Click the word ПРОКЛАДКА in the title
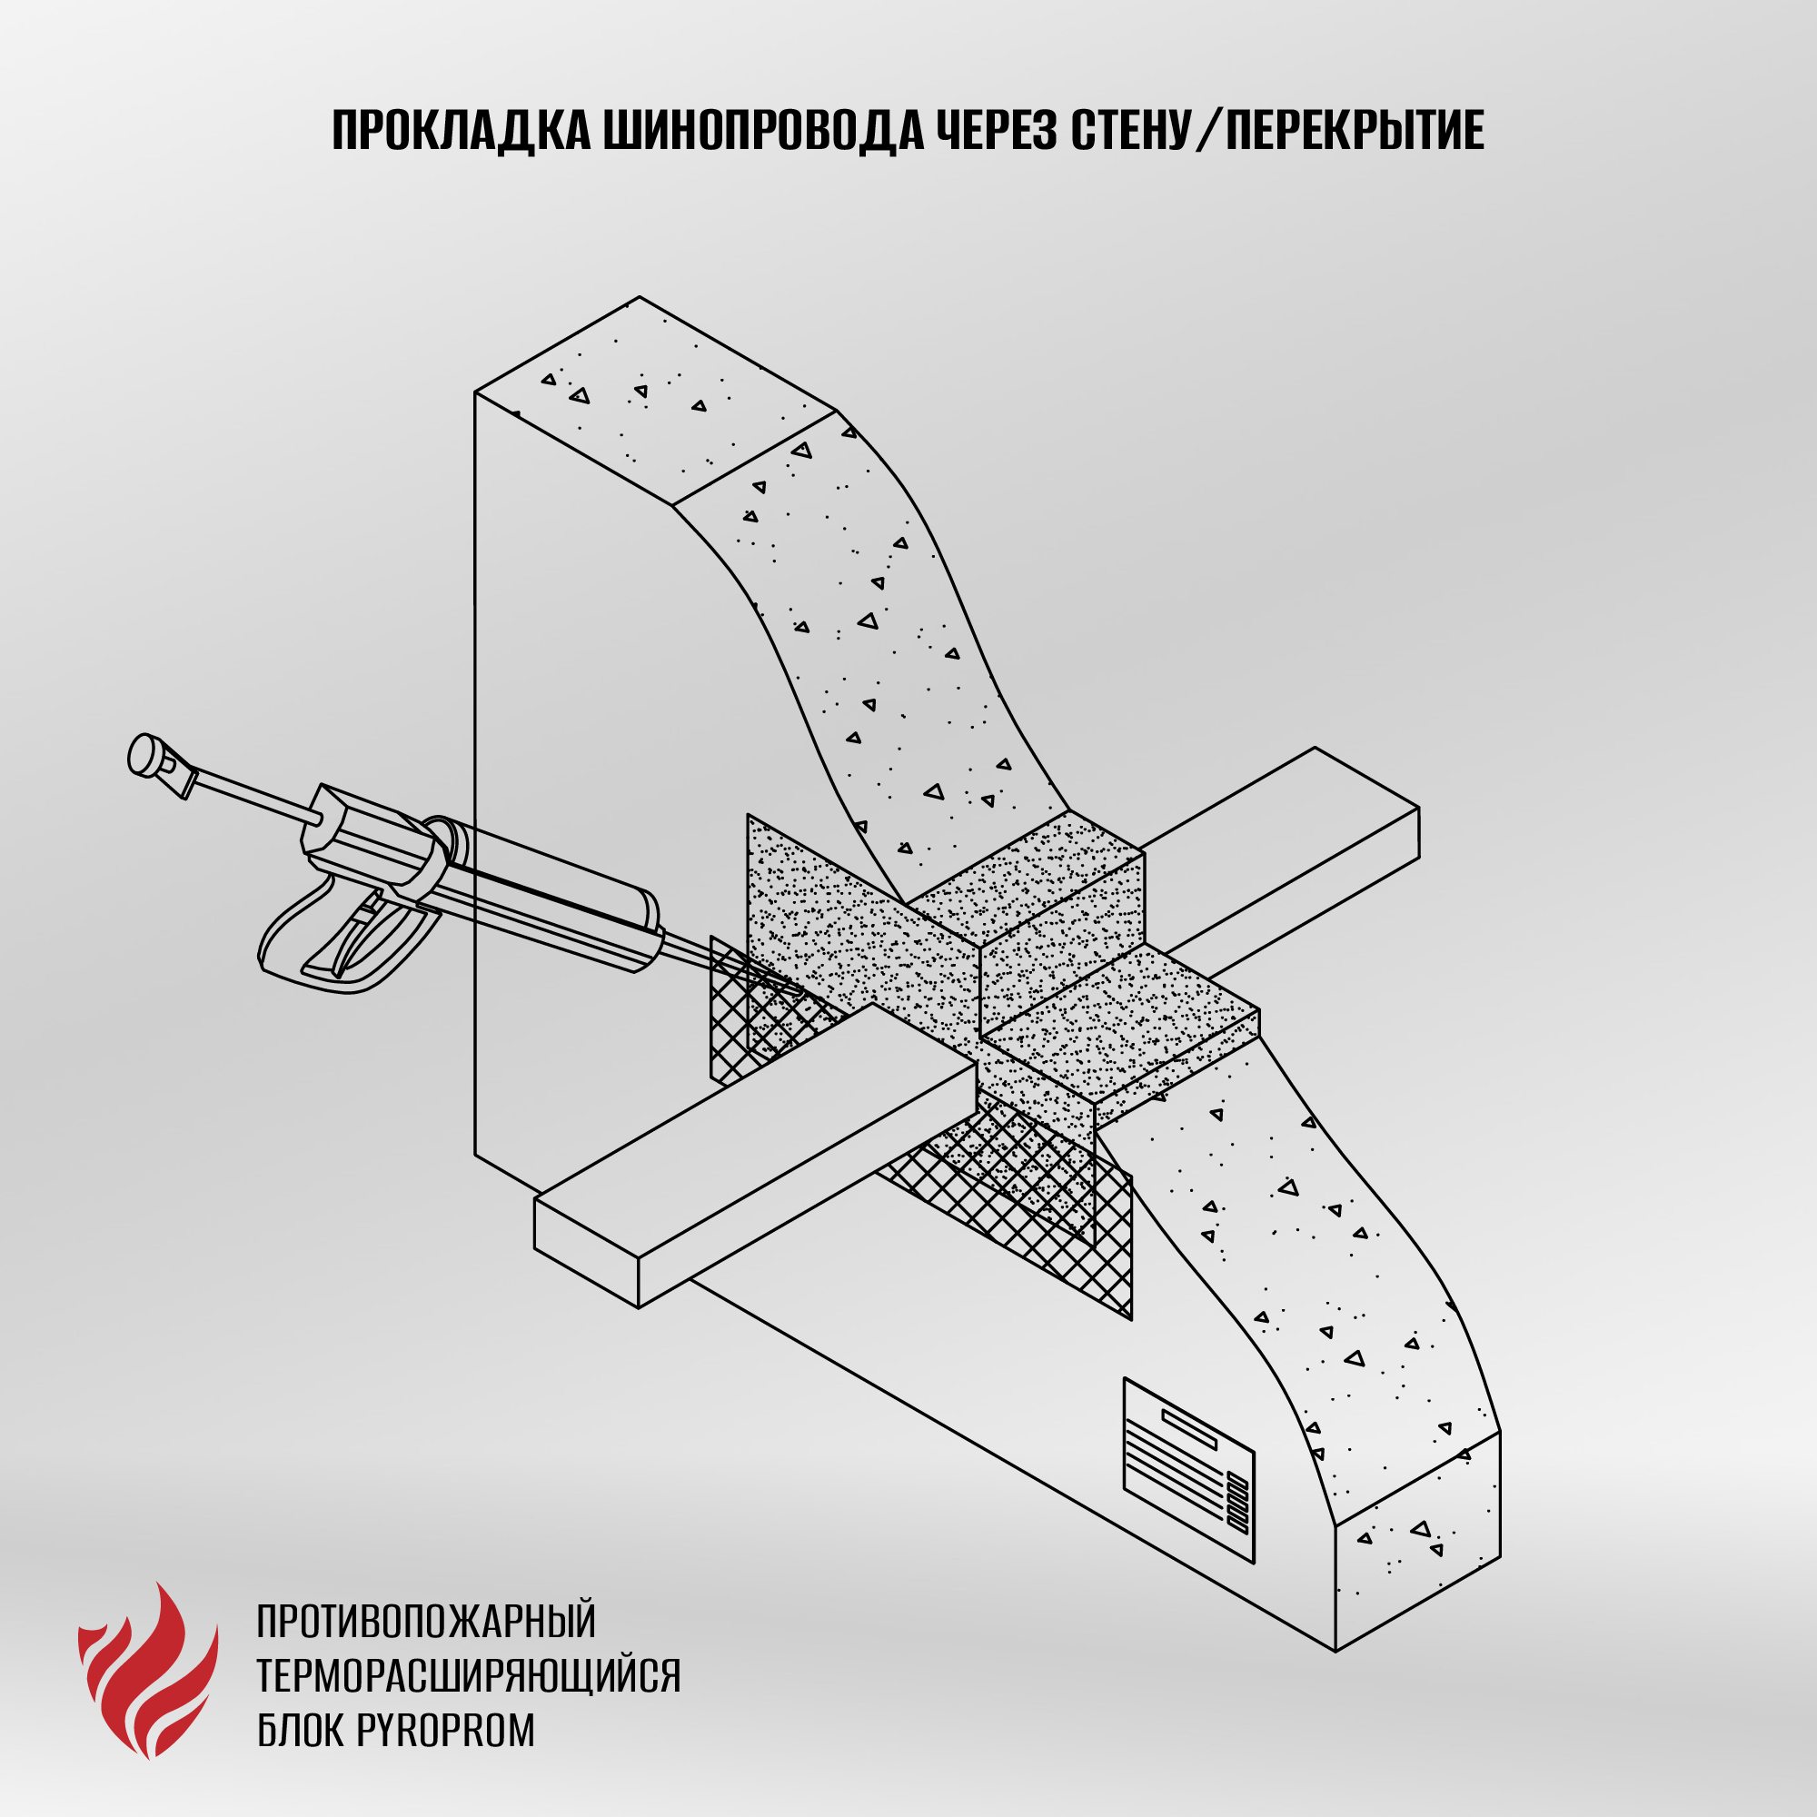coord(461,130)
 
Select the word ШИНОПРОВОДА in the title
coord(763,130)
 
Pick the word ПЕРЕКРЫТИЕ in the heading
coord(1355,130)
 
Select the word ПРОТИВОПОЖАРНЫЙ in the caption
coord(427,1622)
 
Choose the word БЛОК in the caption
coord(301,1731)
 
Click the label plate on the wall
coord(1188,1471)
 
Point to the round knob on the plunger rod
coord(144,756)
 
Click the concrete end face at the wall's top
coord(656,402)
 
